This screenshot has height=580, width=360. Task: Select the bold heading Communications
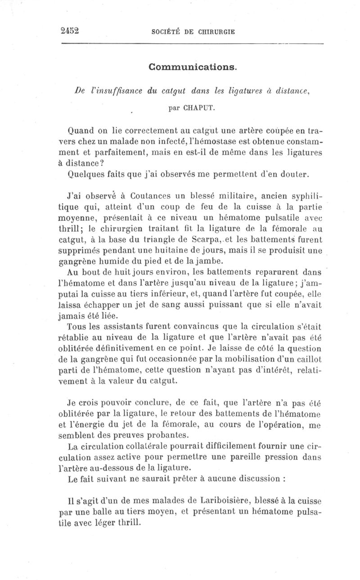click(x=192, y=67)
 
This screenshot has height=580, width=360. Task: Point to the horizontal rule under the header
click(x=192, y=43)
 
